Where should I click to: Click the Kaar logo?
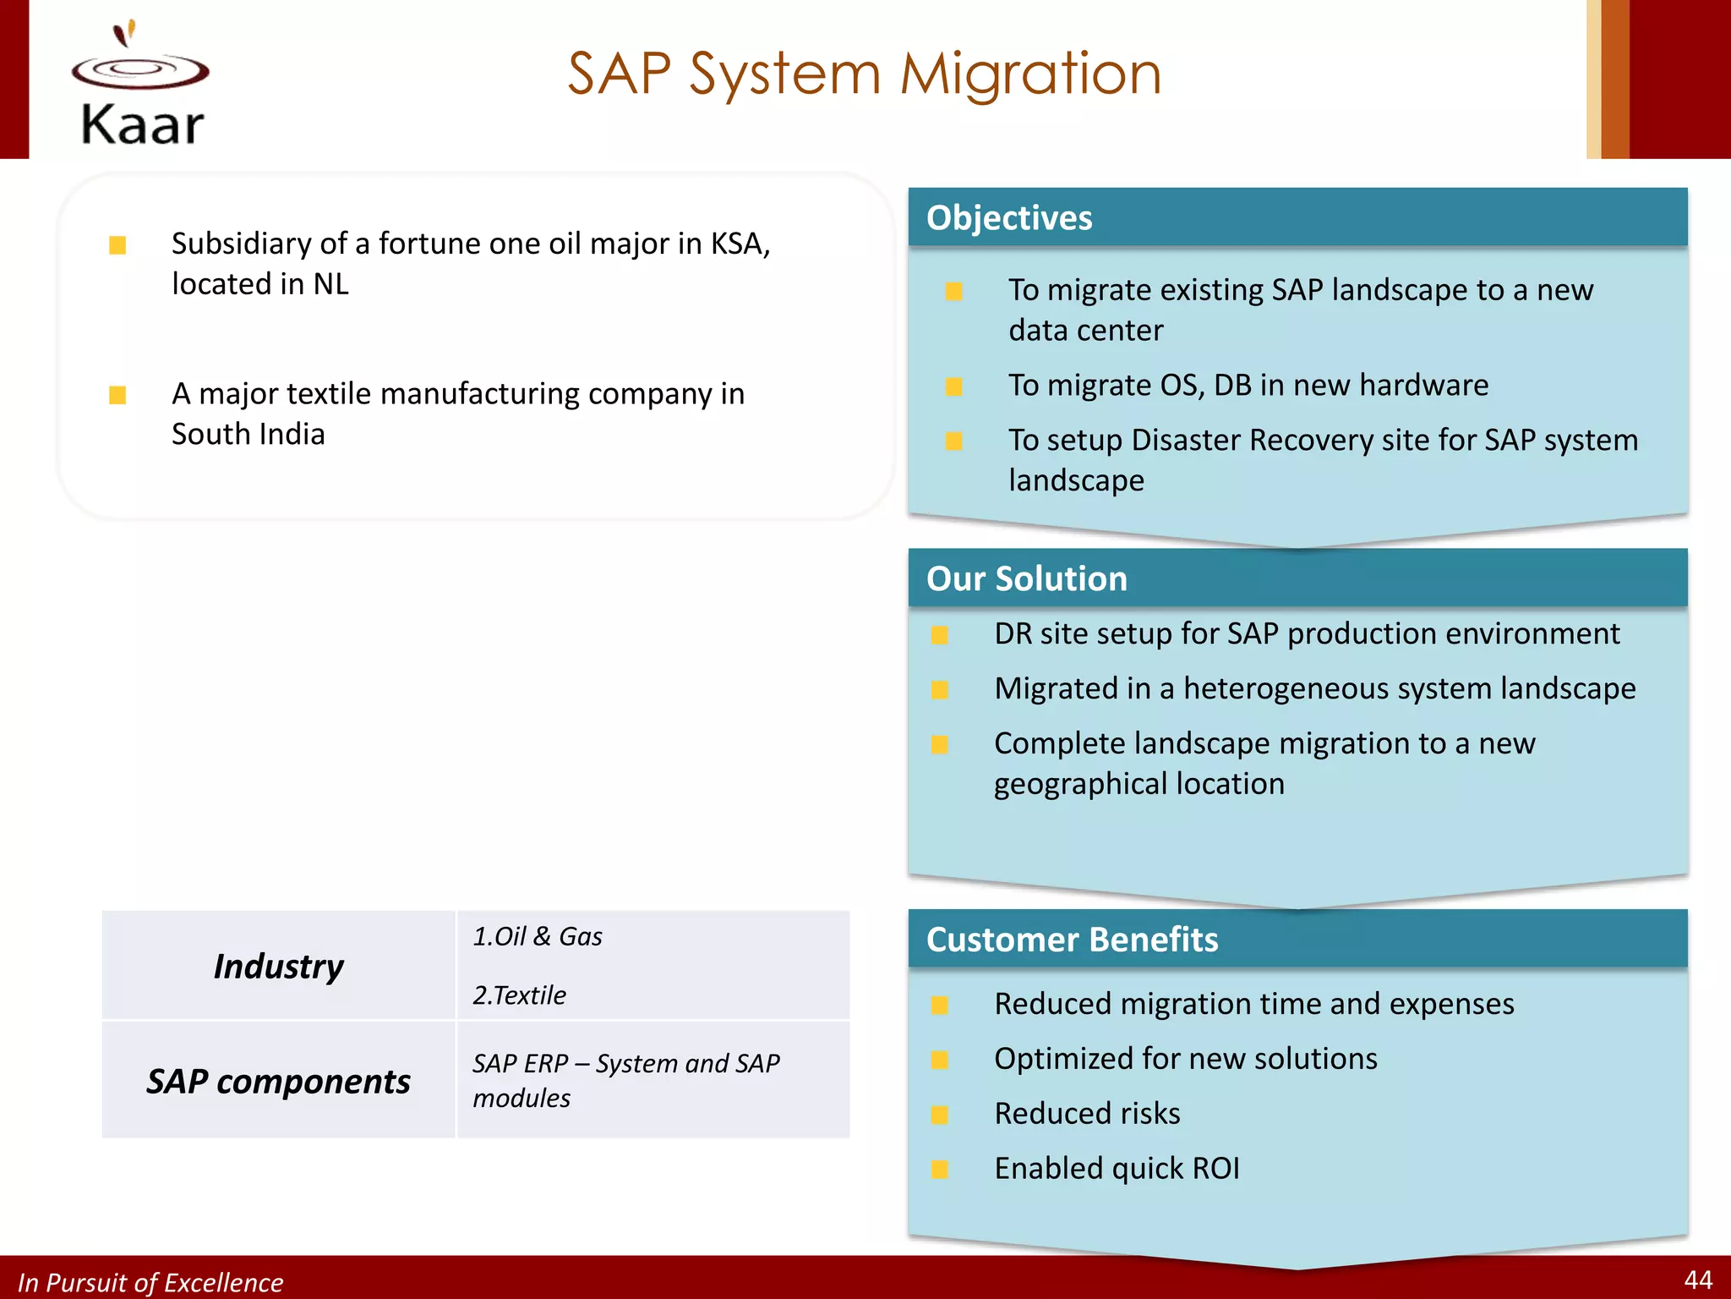(140, 85)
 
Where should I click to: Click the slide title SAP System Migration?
(864, 74)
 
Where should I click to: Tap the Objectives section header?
(1009, 218)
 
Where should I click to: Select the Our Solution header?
(1026, 579)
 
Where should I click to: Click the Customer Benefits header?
(1072, 940)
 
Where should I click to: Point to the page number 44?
(1697, 1280)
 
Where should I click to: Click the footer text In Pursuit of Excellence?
(150, 1282)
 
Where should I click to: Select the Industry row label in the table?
(278, 966)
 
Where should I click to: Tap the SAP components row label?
(278, 1082)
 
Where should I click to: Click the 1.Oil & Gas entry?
(538, 937)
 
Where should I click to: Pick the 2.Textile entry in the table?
(519, 995)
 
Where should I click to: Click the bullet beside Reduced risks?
(939, 1115)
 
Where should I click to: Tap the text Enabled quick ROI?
(1117, 1169)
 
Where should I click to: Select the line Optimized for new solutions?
(1185, 1059)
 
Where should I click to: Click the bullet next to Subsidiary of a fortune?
(117, 245)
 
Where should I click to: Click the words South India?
(248, 435)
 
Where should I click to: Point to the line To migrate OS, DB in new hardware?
(1248, 386)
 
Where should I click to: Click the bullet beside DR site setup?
(939, 635)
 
